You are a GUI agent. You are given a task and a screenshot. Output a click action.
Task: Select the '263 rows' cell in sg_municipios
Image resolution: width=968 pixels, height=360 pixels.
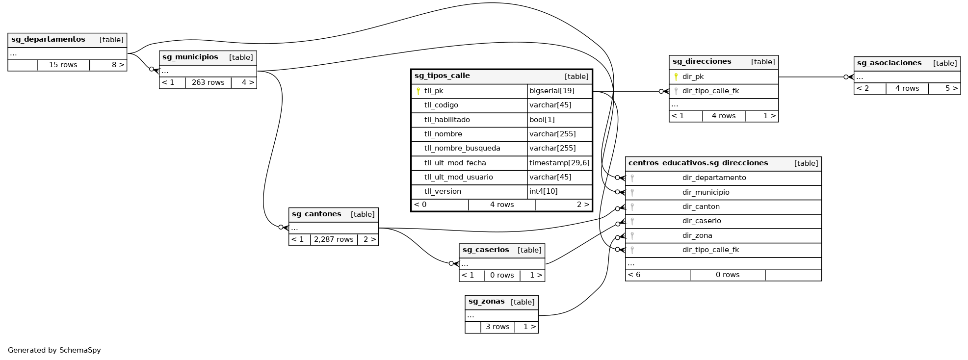coord(208,82)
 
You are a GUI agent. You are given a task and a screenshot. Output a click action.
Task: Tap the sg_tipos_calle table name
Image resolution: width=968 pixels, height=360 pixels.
coord(442,76)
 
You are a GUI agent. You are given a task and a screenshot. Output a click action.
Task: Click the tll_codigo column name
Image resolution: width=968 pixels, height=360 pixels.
coord(441,105)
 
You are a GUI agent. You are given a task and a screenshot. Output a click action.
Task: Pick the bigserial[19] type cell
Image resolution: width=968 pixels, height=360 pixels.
coord(551,91)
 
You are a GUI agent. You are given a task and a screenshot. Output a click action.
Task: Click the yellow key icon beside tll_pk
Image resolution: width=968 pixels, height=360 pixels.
coord(418,91)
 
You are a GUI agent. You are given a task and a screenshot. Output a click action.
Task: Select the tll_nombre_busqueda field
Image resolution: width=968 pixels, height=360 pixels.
coord(462,148)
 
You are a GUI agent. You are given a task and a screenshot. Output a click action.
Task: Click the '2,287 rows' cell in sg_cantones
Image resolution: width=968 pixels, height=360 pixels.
coord(334,239)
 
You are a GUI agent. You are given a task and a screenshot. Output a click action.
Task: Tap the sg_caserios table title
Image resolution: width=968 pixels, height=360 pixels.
coord(486,250)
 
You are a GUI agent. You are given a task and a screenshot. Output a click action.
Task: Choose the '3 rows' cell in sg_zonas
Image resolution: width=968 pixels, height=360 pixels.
coord(497,327)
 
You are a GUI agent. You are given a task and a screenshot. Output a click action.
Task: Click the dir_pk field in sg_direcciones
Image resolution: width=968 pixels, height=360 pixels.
coord(693,77)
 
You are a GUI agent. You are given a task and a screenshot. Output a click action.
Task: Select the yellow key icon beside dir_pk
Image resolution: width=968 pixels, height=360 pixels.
coord(676,77)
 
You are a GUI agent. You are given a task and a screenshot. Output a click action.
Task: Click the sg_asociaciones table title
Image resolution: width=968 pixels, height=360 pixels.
coord(889,63)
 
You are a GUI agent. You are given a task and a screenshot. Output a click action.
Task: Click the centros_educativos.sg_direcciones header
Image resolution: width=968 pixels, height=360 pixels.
coord(698,163)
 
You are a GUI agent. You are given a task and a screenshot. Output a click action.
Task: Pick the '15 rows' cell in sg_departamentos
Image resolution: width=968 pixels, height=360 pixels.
coord(63,65)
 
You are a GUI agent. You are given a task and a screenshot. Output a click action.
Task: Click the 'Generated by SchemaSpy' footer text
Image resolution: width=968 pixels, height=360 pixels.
coord(54,350)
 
